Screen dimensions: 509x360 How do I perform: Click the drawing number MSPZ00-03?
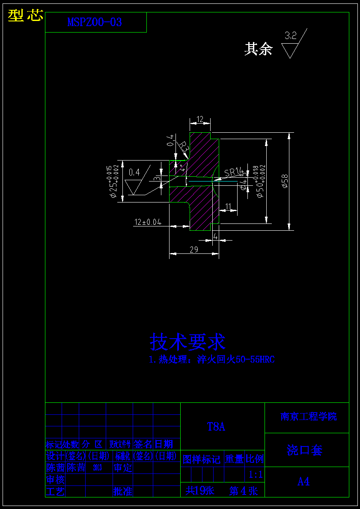pyautogui.click(x=95, y=23)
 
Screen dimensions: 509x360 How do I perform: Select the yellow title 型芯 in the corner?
pyautogui.click(x=26, y=15)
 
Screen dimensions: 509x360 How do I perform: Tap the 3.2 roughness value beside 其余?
pyautogui.click(x=291, y=36)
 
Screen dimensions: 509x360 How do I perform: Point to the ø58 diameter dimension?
pyautogui.click(x=284, y=182)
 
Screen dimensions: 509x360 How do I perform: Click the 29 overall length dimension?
pyautogui.click(x=193, y=250)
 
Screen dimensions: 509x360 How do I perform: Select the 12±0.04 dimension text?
pyautogui.click(x=148, y=222)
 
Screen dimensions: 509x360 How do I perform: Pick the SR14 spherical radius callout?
pyautogui.click(x=234, y=172)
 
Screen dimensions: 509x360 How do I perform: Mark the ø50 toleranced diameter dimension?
pyautogui.click(x=259, y=182)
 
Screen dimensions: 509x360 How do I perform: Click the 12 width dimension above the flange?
pyautogui.click(x=199, y=119)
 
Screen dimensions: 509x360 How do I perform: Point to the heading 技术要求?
pyautogui.click(x=187, y=342)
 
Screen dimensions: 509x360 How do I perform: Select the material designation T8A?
pyautogui.click(x=216, y=426)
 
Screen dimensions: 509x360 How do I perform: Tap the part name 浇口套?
pyautogui.click(x=304, y=450)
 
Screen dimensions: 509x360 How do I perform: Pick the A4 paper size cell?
pyautogui.click(x=303, y=482)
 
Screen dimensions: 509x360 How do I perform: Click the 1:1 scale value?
pyautogui.click(x=256, y=474)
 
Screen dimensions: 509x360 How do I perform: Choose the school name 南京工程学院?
pyautogui.click(x=308, y=417)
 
